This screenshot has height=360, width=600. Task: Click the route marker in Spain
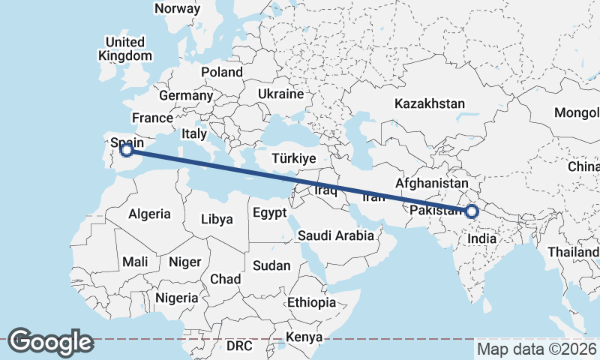pyautogui.click(x=127, y=150)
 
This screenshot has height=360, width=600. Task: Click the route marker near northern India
pyautogui.click(x=472, y=211)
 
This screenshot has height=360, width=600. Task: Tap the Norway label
pyautogui.click(x=177, y=9)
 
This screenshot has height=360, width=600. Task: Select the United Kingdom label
pyautogui.click(x=124, y=48)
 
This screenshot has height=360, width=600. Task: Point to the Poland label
pyautogui.click(x=222, y=73)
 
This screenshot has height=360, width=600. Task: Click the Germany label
pyautogui.click(x=186, y=96)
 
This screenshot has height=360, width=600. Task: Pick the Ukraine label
pyautogui.click(x=280, y=94)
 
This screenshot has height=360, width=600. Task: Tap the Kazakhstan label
pyautogui.click(x=430, y=103)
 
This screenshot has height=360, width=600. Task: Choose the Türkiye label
pyautogui.click(x=295, y=159)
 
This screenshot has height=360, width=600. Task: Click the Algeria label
pyautogui.click(x=149, y=214)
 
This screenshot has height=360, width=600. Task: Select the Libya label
pyautogui.click(x=217, y=220)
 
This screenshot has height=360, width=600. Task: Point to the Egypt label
pyautogui.click(x=269, y=213)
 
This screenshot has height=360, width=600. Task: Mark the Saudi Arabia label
pyautogui.click(x=336, y=235)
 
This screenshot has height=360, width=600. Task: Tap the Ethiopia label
pyautogui.click(x=311, y=303)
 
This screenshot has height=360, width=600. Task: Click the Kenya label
pyautogui.click(x=304, y=337)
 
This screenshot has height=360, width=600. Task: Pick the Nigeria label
pyautogui.click(x=177, y=298)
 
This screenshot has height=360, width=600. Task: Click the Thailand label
pyautogui.click(x=573, y=253)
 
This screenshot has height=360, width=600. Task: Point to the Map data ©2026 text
pyautogui.click(x=537, y=349)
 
